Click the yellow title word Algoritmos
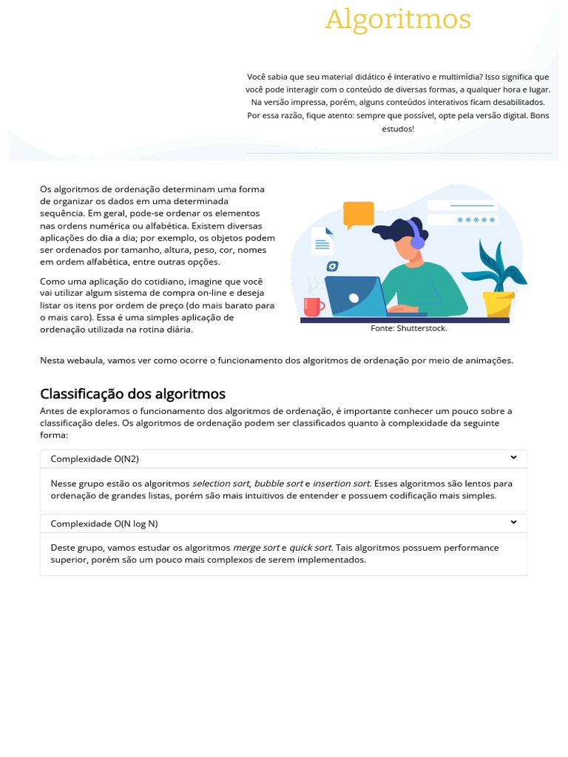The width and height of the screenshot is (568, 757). coord(398,19)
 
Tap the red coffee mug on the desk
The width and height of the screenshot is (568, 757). coord(314,306)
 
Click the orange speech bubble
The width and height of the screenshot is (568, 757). coord(359,214)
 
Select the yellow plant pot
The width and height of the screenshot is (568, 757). coord(498,304)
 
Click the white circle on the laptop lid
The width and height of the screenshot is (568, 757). coord(354,297)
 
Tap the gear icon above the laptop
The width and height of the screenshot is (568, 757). coord(333,266)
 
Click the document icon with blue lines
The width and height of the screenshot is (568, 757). coord(322,240)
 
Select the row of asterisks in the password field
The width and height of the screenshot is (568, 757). coord(476,220)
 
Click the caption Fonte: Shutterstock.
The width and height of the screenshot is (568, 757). coord(409,328)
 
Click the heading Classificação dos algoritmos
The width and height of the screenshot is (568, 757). coord(132,394)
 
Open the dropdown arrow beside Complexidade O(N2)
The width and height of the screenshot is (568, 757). coord(513,458)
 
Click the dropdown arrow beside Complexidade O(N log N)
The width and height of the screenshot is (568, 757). coord(513,523)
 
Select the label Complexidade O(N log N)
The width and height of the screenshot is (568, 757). coord(104,523)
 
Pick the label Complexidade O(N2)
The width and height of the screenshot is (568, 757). coord(95,459)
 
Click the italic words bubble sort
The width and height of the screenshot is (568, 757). coord(278,483)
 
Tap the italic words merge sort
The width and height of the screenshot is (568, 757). coord(256,548)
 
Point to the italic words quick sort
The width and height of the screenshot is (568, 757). coord(310,548)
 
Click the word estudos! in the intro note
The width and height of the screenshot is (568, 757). coord(398,129)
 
